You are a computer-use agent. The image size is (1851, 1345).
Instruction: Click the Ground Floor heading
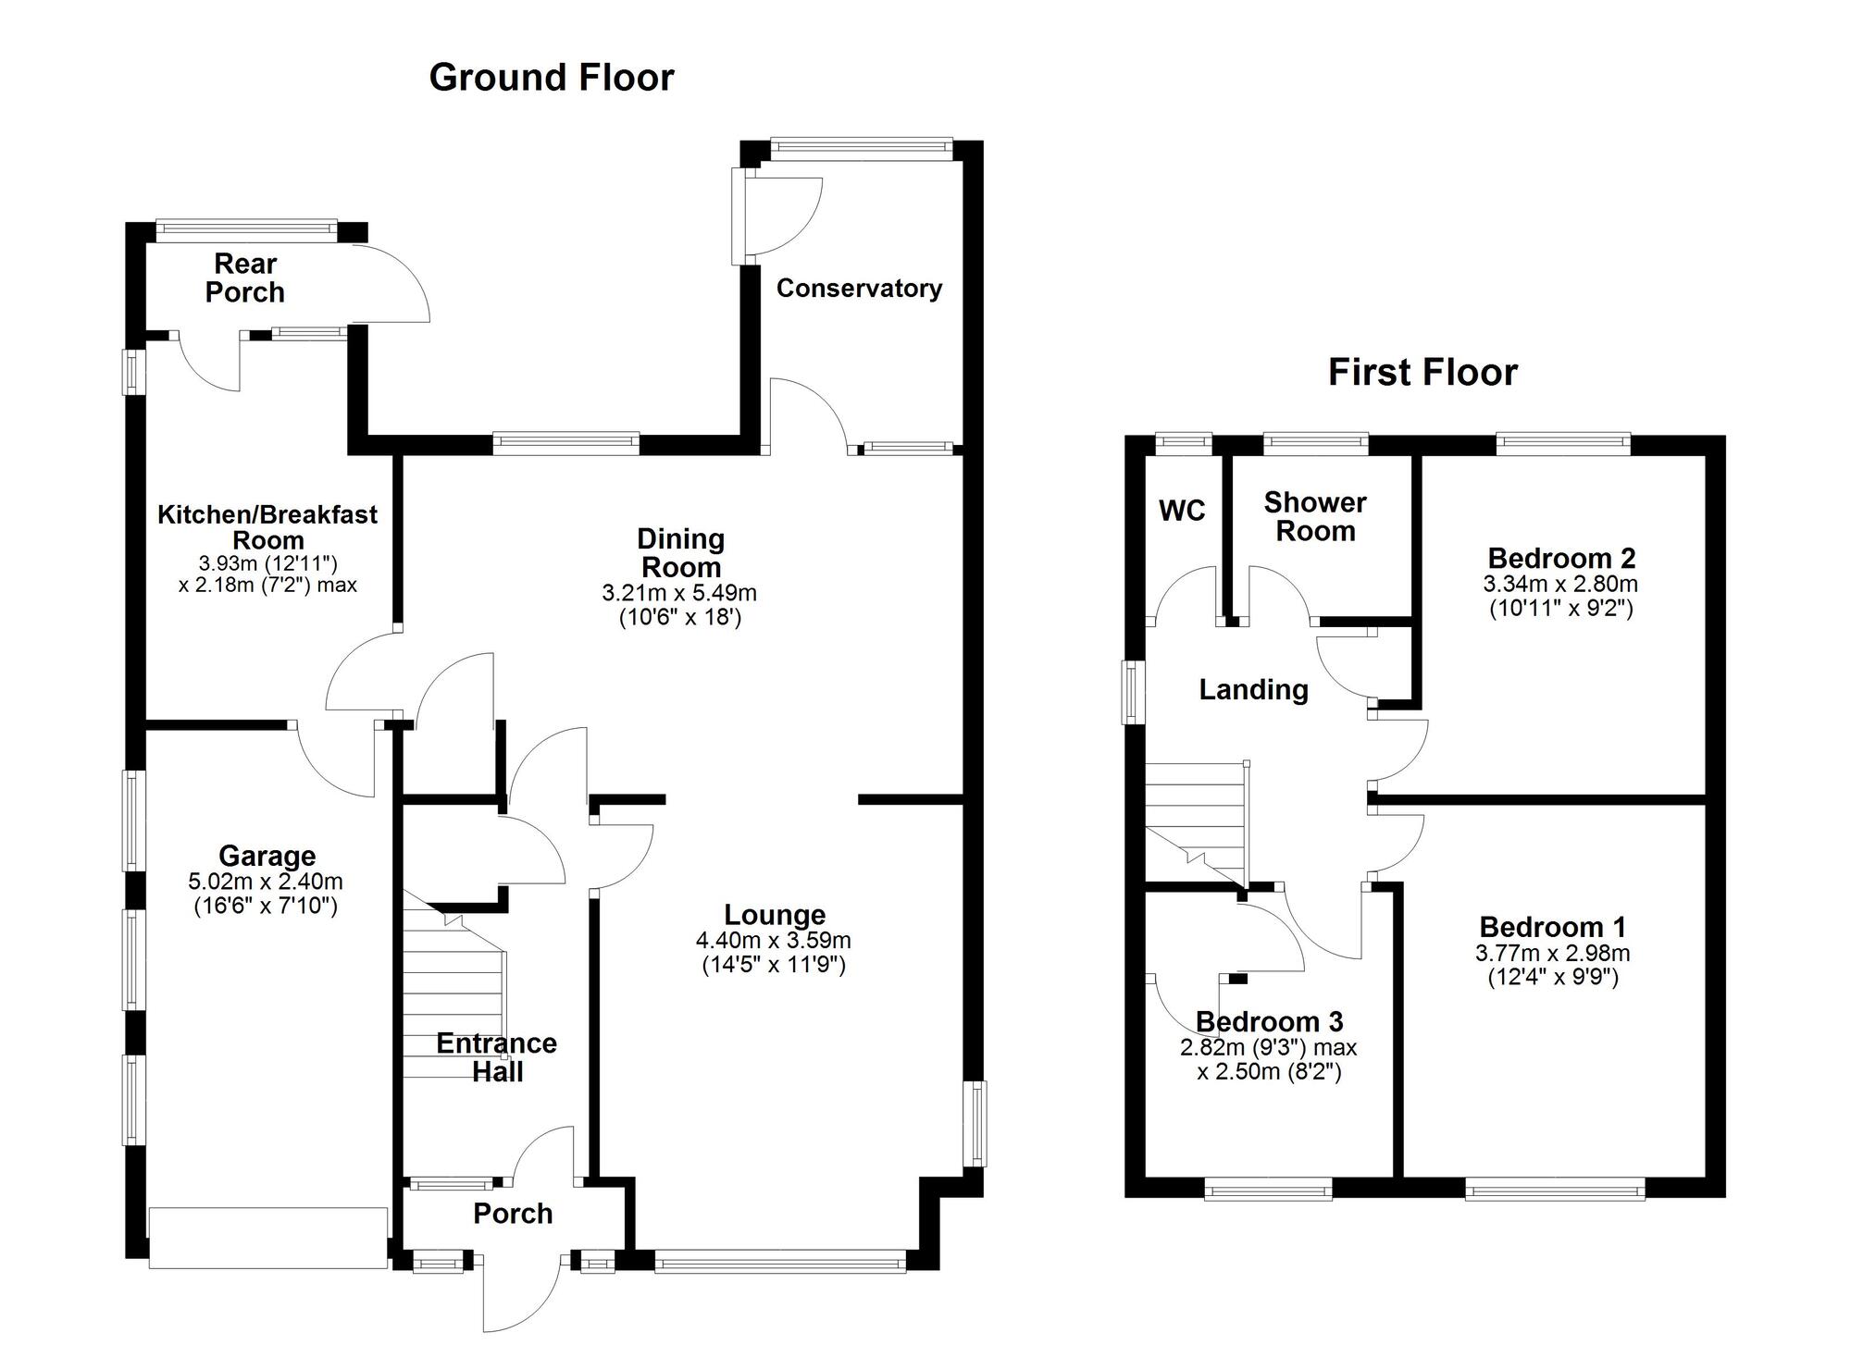pos(552,78)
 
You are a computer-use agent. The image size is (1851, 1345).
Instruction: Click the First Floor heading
pos(1422,373)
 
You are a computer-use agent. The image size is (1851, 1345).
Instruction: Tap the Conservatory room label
pos(859,289)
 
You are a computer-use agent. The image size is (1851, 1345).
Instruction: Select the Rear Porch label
pos(245,278)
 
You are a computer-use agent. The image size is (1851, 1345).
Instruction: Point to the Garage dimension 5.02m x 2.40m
pos(266,882)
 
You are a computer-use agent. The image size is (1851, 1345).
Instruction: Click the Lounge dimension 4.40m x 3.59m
pos(774,942)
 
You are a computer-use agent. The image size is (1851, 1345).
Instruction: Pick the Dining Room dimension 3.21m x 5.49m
pos(680,593)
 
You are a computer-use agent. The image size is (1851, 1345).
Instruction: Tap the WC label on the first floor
pos(1182,511)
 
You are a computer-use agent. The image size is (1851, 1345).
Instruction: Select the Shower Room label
pos(1315,517)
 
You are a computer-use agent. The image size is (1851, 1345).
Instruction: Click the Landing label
pos(1253,690)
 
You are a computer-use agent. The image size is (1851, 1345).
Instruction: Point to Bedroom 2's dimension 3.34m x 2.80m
pos(1560,585)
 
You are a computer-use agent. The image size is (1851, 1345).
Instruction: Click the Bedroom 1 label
pos(1552,927)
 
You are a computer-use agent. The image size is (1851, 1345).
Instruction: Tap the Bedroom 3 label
pos(1269,1022)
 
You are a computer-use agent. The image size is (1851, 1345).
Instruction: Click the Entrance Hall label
pos(497,1057)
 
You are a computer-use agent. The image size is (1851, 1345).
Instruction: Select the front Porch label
pos(513,1214)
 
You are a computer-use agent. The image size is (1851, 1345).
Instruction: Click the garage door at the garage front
pos(267,1238)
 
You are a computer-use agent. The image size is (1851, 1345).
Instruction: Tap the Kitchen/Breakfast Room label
pos(267,527)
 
